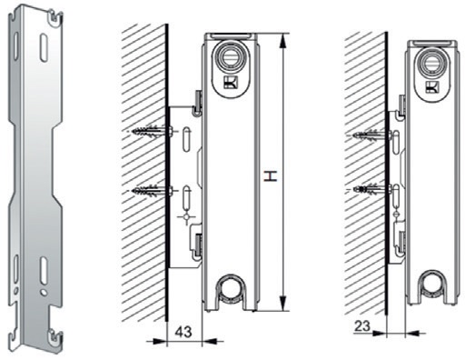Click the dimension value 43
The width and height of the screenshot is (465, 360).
pyautogui.click(x=183, y=332)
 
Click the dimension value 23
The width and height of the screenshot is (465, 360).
pyautogui.click(x=362, y=326)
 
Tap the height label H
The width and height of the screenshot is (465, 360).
pyautogui.click(x=271, y=176)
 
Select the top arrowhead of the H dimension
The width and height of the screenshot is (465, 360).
pyautogui.click(x=282, y=40)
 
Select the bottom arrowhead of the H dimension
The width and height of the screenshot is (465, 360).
pyautogui.click(x=282, y=304)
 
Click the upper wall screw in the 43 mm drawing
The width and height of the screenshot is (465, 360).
pyautogui.click(x=150, y=132)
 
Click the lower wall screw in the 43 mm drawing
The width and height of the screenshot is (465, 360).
pyautogui.click(x=150, y=191)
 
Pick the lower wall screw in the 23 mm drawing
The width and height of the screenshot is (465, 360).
pyautogui.click(x=373, y=189)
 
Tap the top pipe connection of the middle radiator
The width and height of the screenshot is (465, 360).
pyautogui.click(x=230, y=55)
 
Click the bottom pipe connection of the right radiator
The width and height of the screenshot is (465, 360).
pyautogui.click(x=433, y=284)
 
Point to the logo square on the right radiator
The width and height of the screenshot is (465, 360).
pyautogui.click(x=432, y=86)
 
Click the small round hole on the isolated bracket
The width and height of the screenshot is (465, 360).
pyautogui.click(x=45, y=292)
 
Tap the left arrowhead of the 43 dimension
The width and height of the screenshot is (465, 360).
pyautogui.click(x=160, y=342)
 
